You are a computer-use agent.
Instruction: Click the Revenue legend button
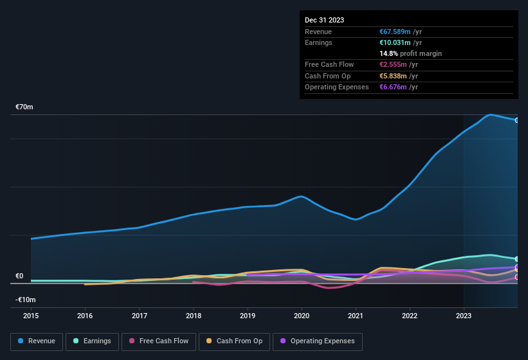pos(37,341)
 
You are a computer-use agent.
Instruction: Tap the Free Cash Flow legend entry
pos(158,341)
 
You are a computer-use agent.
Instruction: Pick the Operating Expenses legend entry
pos(317,341)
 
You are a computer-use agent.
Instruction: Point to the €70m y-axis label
pos(24,107)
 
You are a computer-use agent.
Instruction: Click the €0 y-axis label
pos(19,276)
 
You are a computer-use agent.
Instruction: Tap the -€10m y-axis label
pos(25,300)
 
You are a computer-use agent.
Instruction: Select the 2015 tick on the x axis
pos(31,316)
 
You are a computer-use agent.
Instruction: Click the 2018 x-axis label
pos(194,316)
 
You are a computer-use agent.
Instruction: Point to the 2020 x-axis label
pos(302,316)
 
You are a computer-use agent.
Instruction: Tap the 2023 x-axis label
pos(464,316)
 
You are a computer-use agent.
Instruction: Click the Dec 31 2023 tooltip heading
pos(324,20)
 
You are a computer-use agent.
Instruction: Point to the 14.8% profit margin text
pos(410,53)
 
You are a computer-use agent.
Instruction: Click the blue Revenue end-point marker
pos(517,120)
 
